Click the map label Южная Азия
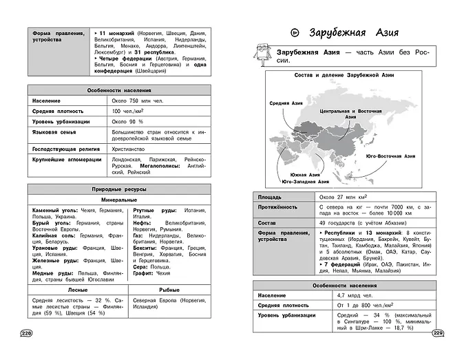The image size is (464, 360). pos(306,174)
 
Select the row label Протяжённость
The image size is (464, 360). pos(277,206)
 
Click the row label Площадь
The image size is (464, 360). pos(269,195)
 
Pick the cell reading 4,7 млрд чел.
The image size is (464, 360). pos(337,295)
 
